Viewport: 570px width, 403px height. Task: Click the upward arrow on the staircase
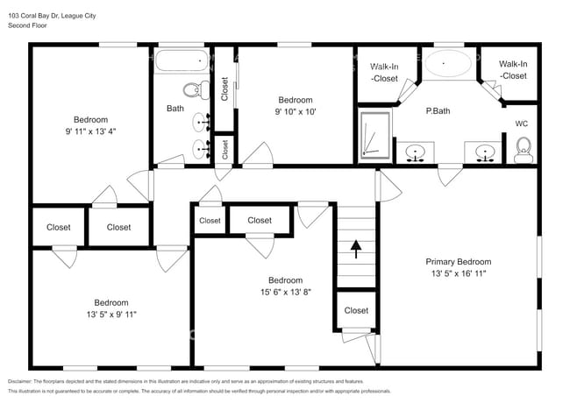[x=356, y=251]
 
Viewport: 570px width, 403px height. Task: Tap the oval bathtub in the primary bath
[x=448, y=63]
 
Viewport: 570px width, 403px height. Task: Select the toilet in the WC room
[x=524, y=148]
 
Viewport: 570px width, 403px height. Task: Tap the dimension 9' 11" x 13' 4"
[x=90, y=132]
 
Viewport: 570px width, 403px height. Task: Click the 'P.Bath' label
[x=438, y=111]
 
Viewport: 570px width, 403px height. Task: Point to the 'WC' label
[x=522, y=124]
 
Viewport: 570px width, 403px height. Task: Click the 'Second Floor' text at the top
[x=28, y=25]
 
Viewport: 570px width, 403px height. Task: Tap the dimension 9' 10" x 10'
[x=296, y=111]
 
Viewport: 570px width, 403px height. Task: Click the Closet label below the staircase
[x=356, y=310]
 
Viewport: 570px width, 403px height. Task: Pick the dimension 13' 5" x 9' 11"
[x=110, y=314]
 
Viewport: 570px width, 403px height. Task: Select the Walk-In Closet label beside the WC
[x=513, y=70]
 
